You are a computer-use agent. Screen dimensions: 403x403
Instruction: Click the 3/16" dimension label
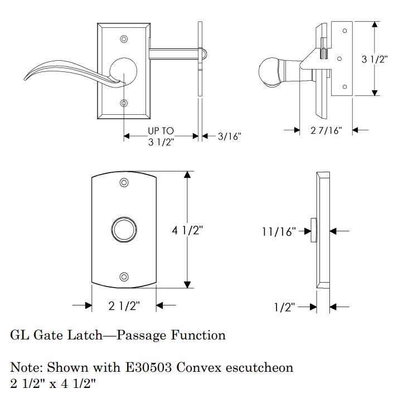point(229,136)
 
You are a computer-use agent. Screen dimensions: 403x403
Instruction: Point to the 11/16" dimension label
point(278,231)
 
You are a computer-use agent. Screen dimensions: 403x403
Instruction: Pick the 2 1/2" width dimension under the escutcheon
point(124,305)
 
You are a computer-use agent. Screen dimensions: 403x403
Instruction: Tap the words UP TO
point(161,131)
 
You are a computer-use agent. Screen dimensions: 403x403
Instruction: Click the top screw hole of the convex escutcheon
point(124,182)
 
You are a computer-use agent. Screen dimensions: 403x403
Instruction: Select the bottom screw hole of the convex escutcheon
point(124,276)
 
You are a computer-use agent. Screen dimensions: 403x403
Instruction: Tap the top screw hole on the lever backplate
point(124,39)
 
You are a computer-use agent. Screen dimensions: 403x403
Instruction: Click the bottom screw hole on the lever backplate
point(124,103)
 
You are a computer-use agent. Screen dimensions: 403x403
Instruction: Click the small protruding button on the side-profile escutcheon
point(314,230)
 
